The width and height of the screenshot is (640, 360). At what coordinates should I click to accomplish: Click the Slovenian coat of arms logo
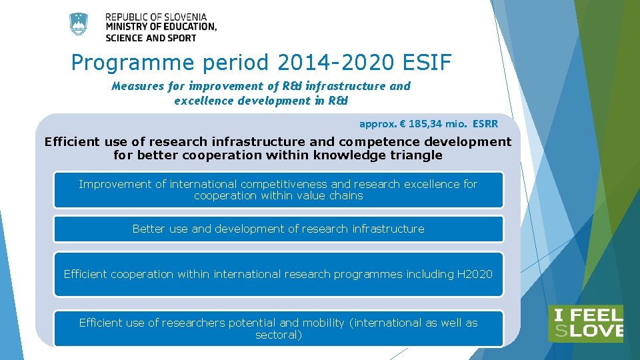coord(79,25)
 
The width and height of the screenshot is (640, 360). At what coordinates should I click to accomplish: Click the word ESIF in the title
coord(427,63)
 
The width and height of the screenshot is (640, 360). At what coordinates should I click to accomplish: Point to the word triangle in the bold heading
coord(415,155)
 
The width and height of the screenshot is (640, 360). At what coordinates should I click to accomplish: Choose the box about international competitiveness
coord(278,190)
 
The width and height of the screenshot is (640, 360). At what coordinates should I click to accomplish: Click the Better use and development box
coord(278,229)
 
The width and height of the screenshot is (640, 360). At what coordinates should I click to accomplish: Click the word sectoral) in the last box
coord(279,335)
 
